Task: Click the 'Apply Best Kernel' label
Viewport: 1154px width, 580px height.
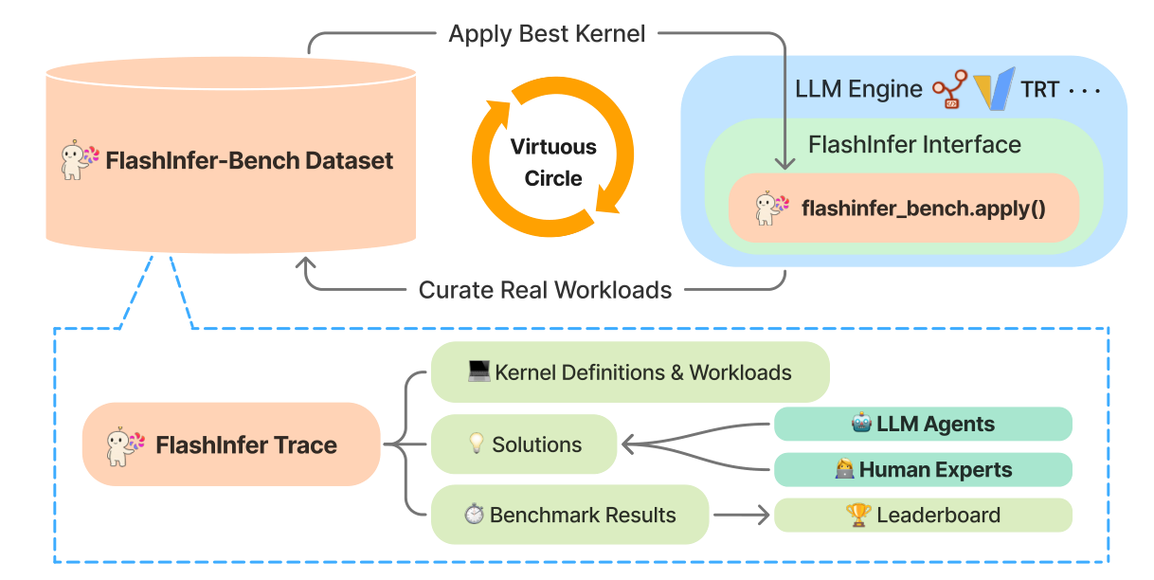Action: (x=547, y=34)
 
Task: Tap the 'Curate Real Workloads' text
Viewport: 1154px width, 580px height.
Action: (x=545, y=290)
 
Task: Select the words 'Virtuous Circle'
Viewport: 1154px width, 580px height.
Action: (x=553, y=162)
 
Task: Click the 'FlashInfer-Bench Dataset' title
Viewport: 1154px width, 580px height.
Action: (x=249, y=161)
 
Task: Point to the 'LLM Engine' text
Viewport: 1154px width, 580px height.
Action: (x=858, y=89)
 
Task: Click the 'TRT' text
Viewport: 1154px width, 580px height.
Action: (x=1039, y=90)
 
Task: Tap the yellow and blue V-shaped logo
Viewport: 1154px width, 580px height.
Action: (x=995, y=88)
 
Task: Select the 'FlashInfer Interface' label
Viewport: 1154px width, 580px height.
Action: (x=914, y=144)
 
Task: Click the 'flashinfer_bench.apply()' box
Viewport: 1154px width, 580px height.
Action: (x=904, y=208)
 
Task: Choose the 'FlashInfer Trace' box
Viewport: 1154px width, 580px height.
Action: (x=231, y=444)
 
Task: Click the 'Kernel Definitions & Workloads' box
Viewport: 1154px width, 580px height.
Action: (x=630, y=372)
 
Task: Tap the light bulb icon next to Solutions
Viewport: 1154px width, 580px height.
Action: (x=477, y=443)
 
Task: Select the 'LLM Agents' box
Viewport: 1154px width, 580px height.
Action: (x=923, y=424)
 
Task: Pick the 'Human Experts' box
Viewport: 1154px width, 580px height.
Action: (x=923, y=469)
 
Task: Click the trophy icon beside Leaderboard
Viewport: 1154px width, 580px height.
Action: (x=858, y=515)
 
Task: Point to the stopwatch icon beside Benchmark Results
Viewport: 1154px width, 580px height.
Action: (x=474, y=514)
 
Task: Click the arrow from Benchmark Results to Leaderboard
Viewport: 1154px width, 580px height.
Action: (x=741, y=515)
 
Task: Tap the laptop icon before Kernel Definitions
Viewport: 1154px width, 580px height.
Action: (x=478, y=371)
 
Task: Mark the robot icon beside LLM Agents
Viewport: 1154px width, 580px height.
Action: (x=861, y=423)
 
